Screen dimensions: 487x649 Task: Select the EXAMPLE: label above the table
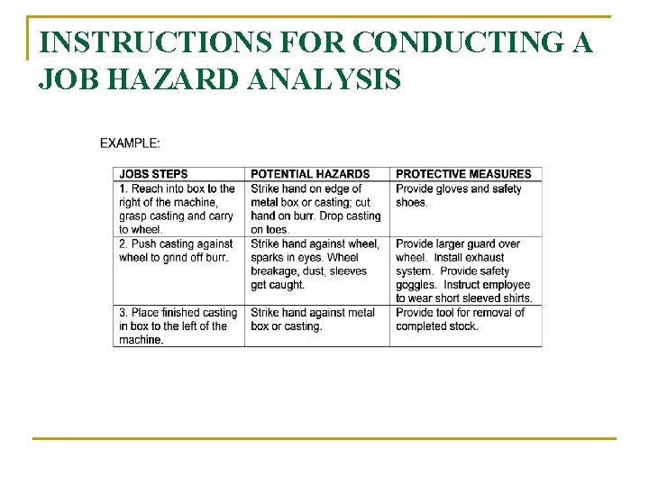(130, 142)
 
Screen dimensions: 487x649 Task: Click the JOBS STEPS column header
(153, 174)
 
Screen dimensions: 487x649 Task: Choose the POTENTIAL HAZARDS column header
(310, 174)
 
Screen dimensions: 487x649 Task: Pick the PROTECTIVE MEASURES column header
(463, 174)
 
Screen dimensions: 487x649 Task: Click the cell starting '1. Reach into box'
(177, 209)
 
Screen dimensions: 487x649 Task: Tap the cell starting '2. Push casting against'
(177, 251)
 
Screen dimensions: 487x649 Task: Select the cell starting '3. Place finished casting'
(177, 326)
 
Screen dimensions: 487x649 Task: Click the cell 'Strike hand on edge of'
(315, 209)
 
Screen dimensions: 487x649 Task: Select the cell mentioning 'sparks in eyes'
(315, 264)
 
